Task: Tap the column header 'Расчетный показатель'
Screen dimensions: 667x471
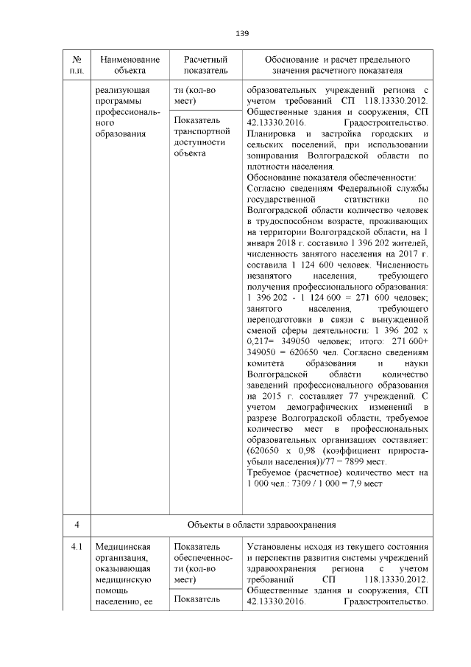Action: point(200,65)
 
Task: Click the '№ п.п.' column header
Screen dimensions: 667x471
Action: point(77,65)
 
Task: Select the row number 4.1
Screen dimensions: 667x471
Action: point(77,548)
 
